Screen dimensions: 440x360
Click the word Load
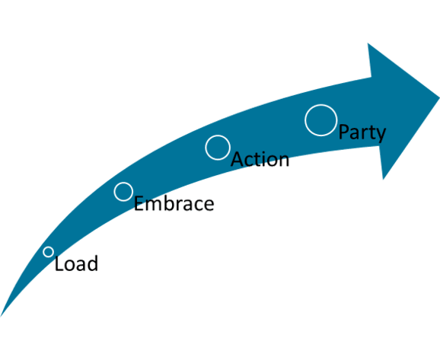76,263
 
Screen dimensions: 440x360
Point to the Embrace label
174,203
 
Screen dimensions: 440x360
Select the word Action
260,159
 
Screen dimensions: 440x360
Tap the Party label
362,133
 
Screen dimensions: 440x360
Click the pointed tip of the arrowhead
439,97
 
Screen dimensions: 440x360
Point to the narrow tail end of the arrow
1,316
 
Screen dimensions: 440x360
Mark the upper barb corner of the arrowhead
368,43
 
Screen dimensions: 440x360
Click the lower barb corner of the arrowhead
384,179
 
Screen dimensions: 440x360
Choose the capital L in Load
59,263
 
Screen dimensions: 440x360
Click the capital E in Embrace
139,203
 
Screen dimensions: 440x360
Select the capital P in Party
344,132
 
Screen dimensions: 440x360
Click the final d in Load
93,263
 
